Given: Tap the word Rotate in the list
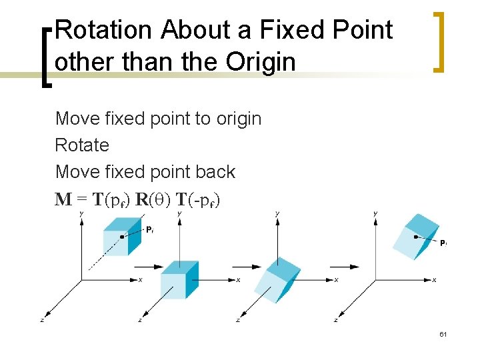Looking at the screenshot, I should coord(82,145).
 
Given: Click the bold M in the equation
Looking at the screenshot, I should coord(64,199).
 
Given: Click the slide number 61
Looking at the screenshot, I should coord(442,334).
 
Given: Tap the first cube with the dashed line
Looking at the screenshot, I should coord(121,239).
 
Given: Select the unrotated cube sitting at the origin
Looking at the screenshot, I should coord(179,279).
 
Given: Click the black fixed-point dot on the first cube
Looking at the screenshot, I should coord(121,236).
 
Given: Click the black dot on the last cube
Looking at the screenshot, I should coord(416,237).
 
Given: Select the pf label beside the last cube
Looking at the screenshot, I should coord(443,243).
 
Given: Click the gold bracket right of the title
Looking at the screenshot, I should coord(438,41).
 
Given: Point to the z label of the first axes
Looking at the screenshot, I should coord(42,321).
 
